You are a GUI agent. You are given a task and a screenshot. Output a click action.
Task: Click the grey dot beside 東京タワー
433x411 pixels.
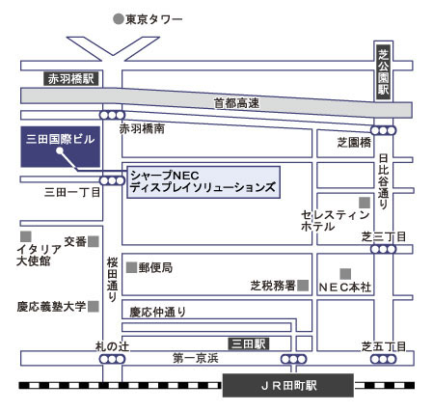point(119,19)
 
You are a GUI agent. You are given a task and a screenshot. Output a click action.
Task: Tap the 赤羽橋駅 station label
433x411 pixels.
point(70,79)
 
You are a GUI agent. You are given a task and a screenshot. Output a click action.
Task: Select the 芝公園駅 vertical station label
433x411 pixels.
point(383,72)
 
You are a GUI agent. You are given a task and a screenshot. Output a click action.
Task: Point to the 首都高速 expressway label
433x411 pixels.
point(236,103)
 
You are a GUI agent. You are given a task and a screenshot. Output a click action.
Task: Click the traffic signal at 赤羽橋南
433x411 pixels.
point(112,115)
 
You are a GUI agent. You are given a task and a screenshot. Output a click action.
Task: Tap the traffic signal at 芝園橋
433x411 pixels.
point(383,130)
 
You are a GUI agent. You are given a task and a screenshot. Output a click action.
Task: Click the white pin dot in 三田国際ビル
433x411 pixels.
point(60,151)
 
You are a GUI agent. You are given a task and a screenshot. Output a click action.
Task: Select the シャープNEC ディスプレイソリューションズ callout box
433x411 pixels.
point(203,182)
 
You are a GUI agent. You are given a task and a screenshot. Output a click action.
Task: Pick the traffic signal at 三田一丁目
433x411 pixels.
point(112,180)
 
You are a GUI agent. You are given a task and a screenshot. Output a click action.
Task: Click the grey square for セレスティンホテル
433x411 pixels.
point(365,203)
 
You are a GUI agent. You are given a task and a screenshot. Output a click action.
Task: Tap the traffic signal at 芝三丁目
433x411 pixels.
point(383,249)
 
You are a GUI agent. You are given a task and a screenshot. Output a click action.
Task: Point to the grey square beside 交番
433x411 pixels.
point(94,241)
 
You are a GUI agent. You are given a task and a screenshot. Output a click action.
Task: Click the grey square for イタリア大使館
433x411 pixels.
point(26,236)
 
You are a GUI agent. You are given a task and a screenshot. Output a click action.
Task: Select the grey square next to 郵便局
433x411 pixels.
point(131,267)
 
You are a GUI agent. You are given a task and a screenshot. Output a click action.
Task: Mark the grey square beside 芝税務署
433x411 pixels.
point(303,286)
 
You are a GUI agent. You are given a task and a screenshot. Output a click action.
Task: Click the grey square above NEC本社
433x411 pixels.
point(345,274)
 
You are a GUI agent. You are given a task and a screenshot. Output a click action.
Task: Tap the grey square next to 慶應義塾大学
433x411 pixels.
point(94,307)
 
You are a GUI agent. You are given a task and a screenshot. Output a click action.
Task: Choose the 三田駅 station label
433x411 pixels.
point(249,343)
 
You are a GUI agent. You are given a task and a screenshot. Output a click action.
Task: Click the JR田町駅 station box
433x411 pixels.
point(288,385)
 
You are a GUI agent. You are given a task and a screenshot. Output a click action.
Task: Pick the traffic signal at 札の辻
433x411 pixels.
point(112,359)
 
